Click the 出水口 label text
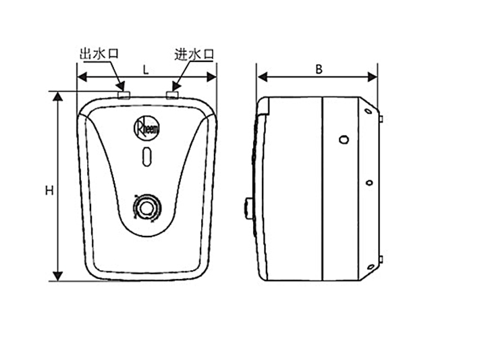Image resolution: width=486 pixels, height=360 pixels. pyautogui.click(x=99, y=54)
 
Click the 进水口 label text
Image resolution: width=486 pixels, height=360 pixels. pyautogui.click(x=194, y=54)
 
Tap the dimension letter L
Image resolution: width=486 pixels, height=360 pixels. pyautogui.click(x=146, y=69)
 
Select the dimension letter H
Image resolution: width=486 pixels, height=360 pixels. pyautogui.click(x=49, y=190)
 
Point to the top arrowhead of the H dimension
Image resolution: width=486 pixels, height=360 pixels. pyautogui.click(x=59, y=97)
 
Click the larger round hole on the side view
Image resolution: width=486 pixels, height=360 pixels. pyautogui.click(x=344, y=140)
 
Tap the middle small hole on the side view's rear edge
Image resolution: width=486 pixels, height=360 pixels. pyautogui.click(x=369, y=183)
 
